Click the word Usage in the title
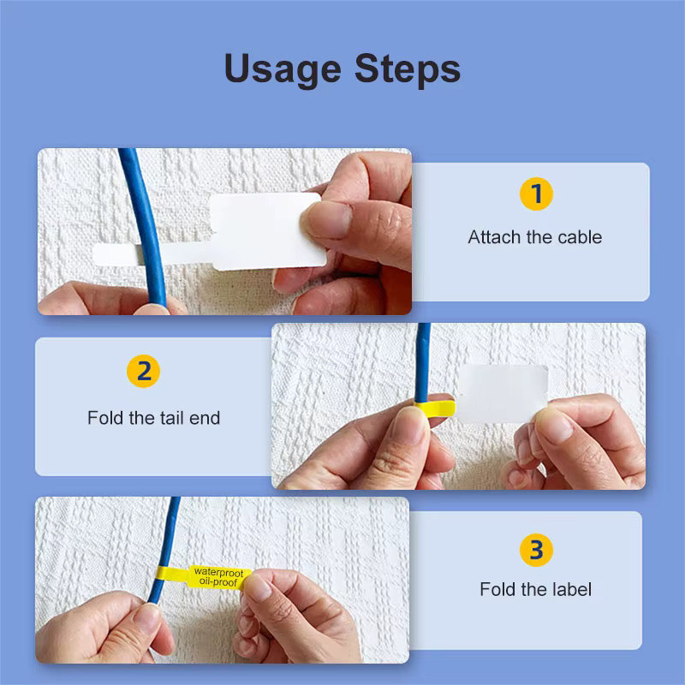[283, 68]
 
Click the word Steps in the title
[408, 68]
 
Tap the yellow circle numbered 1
[536, 194]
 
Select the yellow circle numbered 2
[143, 371]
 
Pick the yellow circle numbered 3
[536, 550]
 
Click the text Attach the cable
[534, 237]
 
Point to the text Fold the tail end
[154, 418]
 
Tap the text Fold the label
[536, 589]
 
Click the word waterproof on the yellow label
[218, 572]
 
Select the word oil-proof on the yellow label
[218, 582]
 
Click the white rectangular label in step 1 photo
[267, 231]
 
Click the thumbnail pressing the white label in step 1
[329, 220]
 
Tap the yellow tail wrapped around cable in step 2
[435, 409]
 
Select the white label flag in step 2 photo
[503, 394]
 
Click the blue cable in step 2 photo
[422, 362]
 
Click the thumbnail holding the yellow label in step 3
[258, 588]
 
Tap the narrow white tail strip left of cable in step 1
[116, 255]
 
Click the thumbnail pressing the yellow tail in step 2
[410, 425]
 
